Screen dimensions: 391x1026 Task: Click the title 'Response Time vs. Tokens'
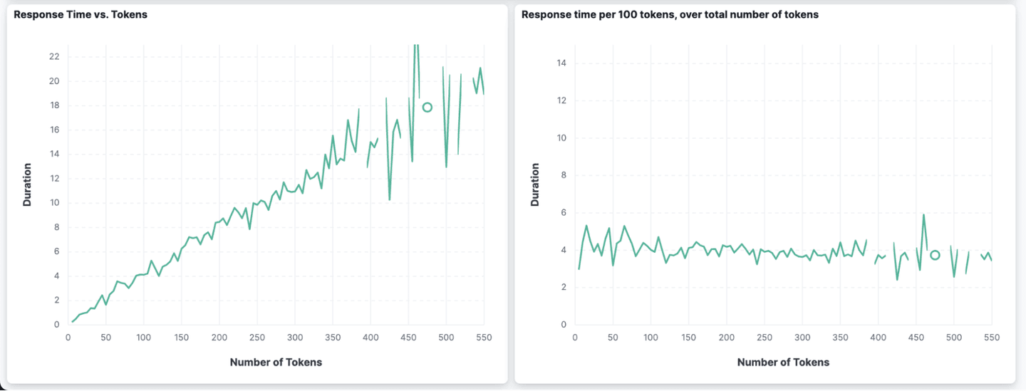coord(81,14)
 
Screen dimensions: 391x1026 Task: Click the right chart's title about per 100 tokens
coord(670,14)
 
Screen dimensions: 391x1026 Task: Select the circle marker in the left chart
coord(427,108)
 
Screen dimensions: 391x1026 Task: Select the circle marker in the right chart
coord(935,255)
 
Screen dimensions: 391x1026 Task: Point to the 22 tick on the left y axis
coord(54,56)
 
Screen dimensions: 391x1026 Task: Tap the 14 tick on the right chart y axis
coord(561,63)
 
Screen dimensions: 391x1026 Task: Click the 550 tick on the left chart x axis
coord(484,338)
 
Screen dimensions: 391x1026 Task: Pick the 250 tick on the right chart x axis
coord(765,338)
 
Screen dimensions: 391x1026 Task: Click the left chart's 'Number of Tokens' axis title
coord(276,363)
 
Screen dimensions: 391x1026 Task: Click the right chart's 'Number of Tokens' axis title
coord(783,363)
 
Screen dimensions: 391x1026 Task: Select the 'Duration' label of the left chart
coord(27,185)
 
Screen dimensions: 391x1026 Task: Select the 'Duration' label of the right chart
coord(535,185)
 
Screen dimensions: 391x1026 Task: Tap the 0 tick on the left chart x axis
coord(68,338)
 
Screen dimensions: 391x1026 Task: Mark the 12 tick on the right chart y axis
coord(561,100)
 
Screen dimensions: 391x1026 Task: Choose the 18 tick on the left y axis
coord(54,105)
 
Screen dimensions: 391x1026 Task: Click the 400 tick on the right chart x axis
coord(879,338)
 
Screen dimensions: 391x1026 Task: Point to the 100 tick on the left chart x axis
coord(143,338)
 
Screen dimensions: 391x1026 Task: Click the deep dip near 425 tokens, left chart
coord(390,199)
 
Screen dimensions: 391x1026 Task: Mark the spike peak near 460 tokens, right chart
coord(923,214)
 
